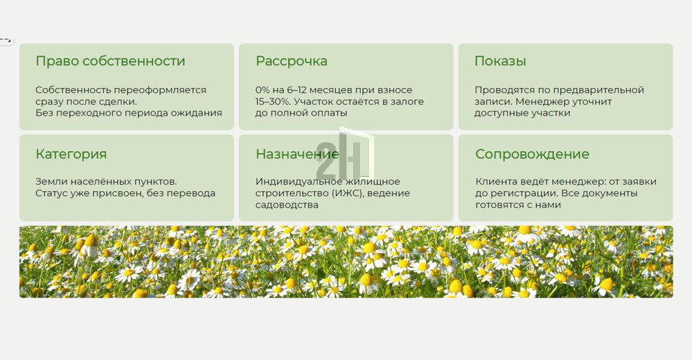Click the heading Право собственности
pos(110,62)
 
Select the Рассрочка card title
pos(291,62)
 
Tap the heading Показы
pos(500,61)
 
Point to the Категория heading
pos(71,154)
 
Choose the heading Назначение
pos(297,154)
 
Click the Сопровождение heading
pos(532,154)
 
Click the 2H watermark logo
pos(345,154)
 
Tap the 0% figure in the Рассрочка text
pos(263,90)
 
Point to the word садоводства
pos(287,205)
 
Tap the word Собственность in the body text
pos(73,90)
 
